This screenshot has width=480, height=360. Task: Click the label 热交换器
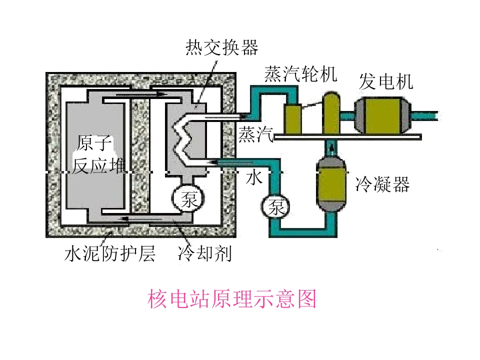(221, 47)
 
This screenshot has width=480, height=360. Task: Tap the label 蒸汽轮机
(300, 74)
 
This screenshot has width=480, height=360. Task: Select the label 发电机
(386, 81)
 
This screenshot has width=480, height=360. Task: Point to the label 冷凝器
(382, 184)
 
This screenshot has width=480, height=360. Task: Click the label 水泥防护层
(109, 253)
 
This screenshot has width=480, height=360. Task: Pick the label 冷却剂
(204, 253)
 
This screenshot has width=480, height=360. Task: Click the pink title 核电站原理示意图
(231, 299)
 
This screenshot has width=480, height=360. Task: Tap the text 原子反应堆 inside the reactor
(98, 154)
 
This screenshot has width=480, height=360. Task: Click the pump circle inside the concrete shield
(188, 199)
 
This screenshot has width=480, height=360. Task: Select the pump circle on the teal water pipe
(275, 206)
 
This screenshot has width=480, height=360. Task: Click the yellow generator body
(383, 115)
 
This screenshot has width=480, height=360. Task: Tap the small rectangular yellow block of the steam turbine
(293, 119)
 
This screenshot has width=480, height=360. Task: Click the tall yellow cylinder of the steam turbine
(331, 113)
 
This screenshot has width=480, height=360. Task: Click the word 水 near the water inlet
(254, 177)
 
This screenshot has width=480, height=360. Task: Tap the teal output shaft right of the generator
(424, 116)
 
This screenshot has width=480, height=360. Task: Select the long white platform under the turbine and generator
(348, 137)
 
